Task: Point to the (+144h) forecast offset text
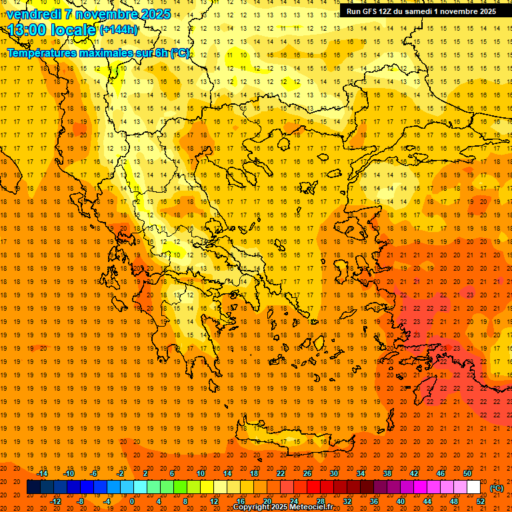click(x=118, y=30)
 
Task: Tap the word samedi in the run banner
click(x=423, y=11)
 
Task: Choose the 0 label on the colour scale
click(x=133, y=501)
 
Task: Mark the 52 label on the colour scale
click(x=481, y=501)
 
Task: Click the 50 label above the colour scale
click(x=467, y=473)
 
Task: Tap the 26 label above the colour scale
click(x=307, y=473)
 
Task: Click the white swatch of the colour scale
click(x=473, y=487)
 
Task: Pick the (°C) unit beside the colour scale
click(x=497, y=488)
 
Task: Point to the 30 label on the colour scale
click(x=334, y=473)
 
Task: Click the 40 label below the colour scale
click(x=401, y=501)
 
